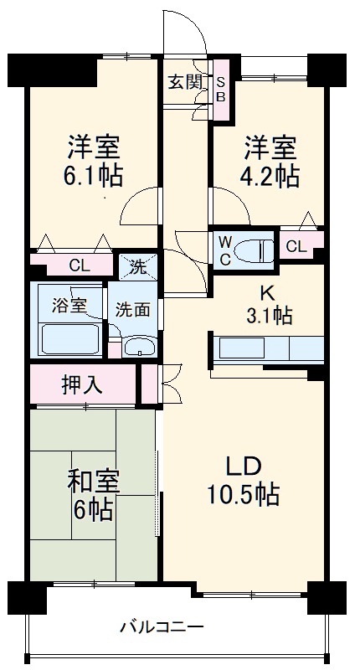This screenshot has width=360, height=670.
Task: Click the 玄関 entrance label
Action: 185,82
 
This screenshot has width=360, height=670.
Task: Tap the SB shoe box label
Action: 222,88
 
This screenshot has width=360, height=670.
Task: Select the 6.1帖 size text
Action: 94,176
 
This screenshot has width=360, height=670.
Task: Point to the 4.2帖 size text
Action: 270,176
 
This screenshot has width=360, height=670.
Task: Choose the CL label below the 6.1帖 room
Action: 79,267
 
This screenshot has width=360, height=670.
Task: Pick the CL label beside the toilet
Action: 295,246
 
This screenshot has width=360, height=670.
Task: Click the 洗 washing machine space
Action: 136,269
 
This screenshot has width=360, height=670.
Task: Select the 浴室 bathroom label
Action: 68,305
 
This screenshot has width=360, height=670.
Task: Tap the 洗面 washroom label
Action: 133,308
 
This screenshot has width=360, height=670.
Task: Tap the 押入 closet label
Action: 82,385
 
